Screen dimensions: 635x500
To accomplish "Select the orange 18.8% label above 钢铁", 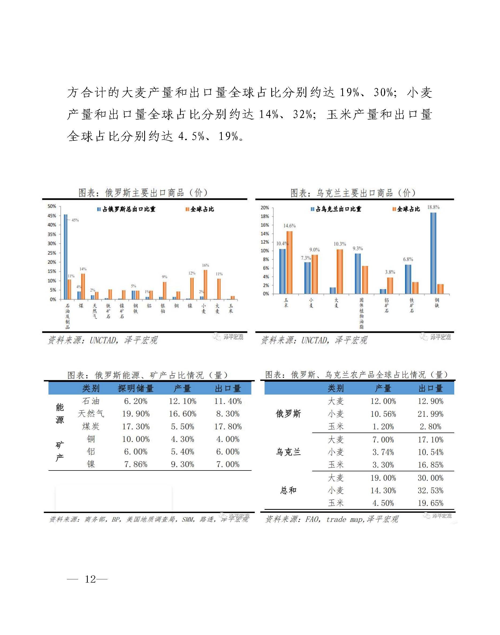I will click(x=433, y=207).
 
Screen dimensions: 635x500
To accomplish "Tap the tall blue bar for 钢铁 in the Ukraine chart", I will click(x=433, y=253).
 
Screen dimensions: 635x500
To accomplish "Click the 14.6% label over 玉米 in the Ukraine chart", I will click(x=289, y=225).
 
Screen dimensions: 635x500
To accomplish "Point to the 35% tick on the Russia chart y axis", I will click(x=52, y=234).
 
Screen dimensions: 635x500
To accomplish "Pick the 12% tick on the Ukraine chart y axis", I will click(x=265, y=242).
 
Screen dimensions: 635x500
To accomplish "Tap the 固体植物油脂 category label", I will click(x=361, y=313).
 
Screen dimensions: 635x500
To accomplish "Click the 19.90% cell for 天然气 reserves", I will click(x=136, y=414).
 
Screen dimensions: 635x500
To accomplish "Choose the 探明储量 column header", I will click(x=136, y=389).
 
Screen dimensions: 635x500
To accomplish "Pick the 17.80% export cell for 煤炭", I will click(x=228, y=427).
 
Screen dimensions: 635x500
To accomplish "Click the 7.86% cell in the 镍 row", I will click(x=136, y=464).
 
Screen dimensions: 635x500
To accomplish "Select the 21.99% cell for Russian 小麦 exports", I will click(x=430, y=414).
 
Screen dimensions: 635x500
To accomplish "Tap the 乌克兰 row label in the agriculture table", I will click(x=288, y=452).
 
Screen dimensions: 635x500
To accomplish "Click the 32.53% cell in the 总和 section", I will click(x=430, y=491).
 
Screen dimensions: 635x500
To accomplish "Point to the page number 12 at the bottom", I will click(x=90, y=579).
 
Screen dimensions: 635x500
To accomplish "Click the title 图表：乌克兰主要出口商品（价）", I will click(x=353, y=193).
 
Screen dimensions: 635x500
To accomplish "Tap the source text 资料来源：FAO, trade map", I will click(x=332, y=519).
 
